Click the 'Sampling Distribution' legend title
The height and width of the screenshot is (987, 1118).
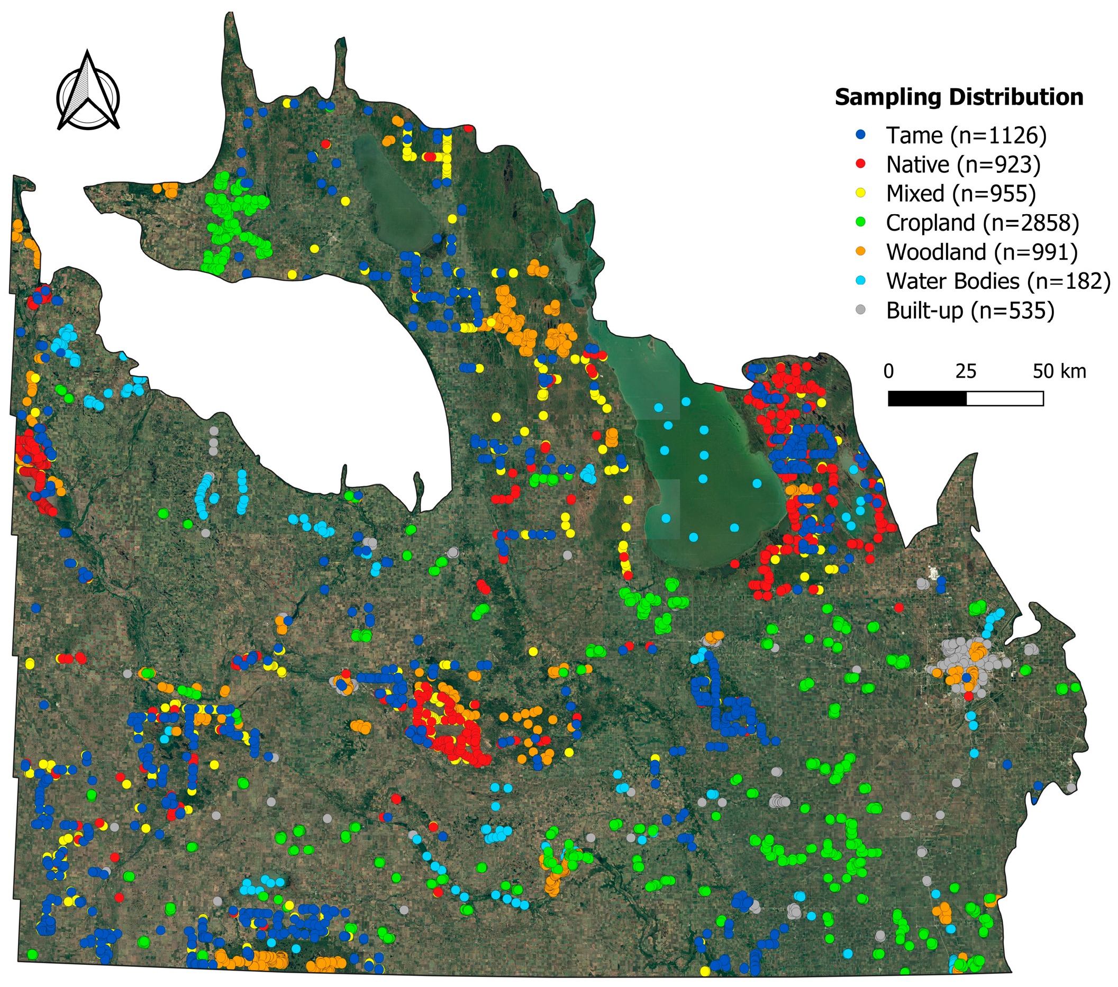pos(958,98)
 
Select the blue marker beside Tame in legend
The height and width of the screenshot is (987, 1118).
pos(861,134)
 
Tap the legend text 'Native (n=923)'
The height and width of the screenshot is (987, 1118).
pos(962,164)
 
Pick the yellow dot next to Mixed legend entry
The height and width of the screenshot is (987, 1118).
pos(861,193)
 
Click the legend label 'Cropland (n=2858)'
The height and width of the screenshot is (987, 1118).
pos(983,223)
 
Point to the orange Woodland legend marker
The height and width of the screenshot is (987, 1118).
pos(861,251)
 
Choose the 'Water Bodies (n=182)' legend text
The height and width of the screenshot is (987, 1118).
pos(998,281)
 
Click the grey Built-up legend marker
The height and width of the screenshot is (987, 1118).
pos(861,310)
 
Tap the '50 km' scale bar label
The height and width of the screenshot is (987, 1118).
pos(1059,372)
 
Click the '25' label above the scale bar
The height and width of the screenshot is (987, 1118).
pos(966,372)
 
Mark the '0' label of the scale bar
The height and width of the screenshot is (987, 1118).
pos(889,372)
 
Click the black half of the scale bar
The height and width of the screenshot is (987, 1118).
pos(927,399)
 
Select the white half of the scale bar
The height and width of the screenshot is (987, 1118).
pos(1005,399)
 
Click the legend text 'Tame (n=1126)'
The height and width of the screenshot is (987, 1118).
pos(966,135)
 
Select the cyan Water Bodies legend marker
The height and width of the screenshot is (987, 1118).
pos(861,280)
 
